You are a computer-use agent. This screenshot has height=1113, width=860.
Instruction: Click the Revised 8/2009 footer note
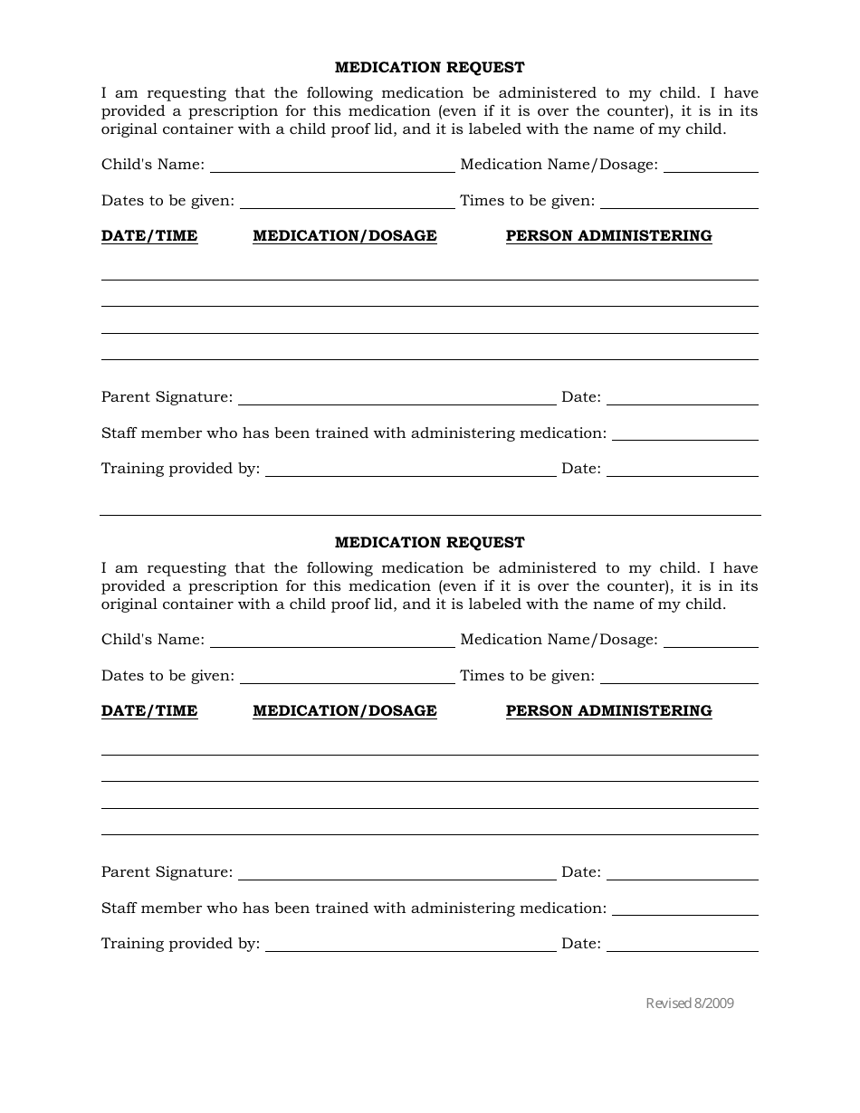689,1003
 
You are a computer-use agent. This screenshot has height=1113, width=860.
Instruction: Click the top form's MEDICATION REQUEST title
429,68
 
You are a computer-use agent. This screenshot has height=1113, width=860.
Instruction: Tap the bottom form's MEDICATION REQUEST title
429,543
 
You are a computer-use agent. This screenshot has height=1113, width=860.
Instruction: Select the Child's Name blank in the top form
332,166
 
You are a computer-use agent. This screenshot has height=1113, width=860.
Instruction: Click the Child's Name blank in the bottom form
332,641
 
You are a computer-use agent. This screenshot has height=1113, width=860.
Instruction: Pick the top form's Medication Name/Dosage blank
711,166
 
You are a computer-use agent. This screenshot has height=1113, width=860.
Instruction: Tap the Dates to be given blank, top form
347,202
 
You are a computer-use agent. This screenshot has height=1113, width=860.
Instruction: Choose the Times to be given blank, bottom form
679,677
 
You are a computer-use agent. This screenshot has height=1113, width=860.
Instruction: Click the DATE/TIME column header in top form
149,236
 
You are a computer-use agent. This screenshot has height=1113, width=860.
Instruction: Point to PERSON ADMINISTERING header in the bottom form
608,711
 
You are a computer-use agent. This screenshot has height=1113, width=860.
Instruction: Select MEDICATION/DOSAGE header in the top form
345,236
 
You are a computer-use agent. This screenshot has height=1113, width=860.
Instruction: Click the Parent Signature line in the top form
397,398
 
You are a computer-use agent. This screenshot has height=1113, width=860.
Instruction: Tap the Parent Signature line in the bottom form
397,873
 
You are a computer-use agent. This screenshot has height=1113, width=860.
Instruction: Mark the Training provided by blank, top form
410,470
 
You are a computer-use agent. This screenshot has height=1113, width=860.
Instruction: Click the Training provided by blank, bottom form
410,945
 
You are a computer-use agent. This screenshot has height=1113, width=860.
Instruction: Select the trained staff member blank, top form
684,434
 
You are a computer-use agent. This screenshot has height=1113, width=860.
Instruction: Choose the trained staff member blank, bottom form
684,909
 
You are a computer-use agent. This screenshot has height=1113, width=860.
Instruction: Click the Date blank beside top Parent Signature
682,398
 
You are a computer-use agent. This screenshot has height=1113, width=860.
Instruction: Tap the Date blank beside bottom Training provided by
682,945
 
